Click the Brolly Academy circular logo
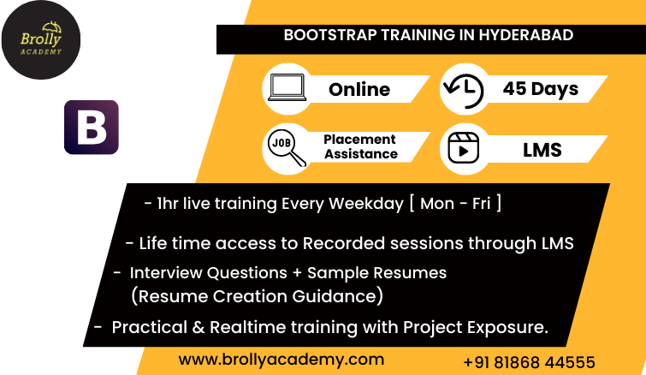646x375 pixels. pyautogui.click(x=41, y=40)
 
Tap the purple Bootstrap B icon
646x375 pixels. pyautogui.click(x=92, y=128)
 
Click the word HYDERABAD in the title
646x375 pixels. pyautogui.click(x=525, y=35)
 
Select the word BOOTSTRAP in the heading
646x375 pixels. pyautogui.click(x=330, y=35)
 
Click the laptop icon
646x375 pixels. pyautogui.click(x=287, y=87)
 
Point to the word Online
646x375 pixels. pyautogui.click(x=359, y=89)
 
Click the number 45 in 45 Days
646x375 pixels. pyautogui.click(x=514, y=88)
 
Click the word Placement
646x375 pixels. pyautogui.click(x=359, y=140)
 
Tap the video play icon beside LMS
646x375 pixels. pyautogui.click(x=464, y=148)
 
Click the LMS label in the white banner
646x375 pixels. pyautogui.click(x=542, y=150)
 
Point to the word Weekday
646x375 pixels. pyautogui.click(x=366, y=204)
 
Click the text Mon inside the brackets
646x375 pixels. pyautogui.click(x=437, y=204)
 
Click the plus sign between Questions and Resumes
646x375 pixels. pyautogui.click(x=297, y=273)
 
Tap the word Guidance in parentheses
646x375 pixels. pyautogui.click(x=335, y=296)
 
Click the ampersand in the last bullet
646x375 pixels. pyautogui.click(x=199, y=327)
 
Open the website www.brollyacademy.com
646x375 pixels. pyautogui.click(x=282, y=360)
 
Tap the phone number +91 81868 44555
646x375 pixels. pyautogui.click(x=530, y=363)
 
